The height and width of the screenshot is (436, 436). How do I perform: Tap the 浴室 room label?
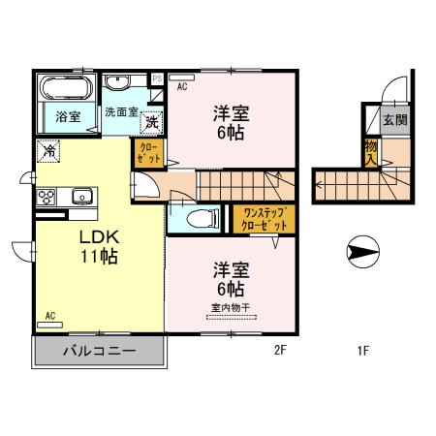point(67,117)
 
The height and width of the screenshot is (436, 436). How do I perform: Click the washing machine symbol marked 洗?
point(152,123)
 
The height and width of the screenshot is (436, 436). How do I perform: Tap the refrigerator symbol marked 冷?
point(47,151)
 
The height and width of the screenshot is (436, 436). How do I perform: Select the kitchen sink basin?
point(80,195)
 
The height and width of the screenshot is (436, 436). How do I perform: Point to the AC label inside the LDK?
point(50,316)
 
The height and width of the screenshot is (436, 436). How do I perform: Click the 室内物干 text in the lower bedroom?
point(229,307)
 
